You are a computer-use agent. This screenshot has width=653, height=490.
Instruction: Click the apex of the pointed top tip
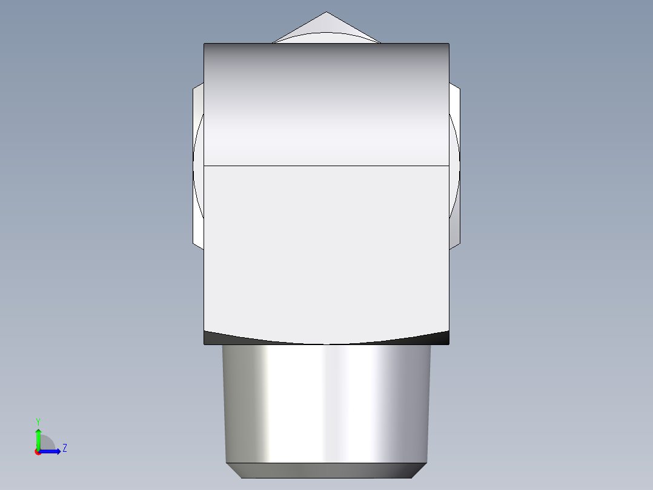tap(326, 12)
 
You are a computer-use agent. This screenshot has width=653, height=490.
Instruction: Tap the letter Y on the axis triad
tap(38, 421)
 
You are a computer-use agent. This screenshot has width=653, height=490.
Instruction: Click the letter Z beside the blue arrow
tap(64, 448)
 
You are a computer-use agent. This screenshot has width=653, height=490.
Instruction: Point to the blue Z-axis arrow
tap(52, 451)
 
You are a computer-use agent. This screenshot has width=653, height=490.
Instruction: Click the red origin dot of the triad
tap(38, 452)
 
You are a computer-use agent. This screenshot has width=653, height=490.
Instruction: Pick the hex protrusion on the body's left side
tap(198, 164)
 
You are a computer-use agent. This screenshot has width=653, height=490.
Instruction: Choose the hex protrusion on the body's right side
tap(454, 164)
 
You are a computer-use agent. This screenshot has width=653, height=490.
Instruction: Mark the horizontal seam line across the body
tap(326, 165)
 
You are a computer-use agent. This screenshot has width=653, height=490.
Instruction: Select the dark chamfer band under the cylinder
tap(326, 470)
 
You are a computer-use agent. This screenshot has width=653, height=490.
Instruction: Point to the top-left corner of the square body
tap(205, 44)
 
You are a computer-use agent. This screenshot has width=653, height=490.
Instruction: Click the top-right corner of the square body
tap(448, 44)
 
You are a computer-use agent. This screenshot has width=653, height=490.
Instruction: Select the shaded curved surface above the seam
tap(326, 103)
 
